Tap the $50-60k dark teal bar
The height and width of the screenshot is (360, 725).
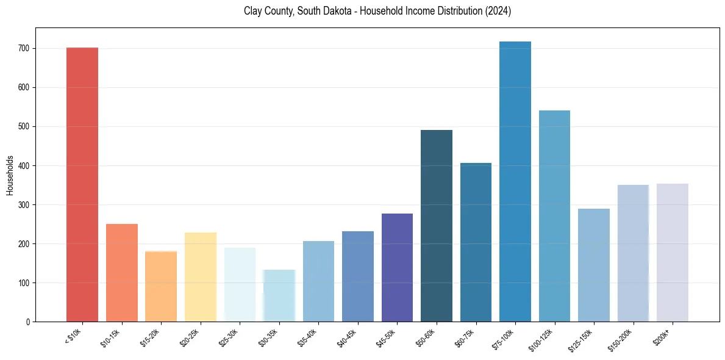pyautogui.click(x=437, y=226)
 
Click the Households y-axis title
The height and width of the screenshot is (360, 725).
pyautogui.click(x=10, y=175)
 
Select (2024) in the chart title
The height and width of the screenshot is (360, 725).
pyautogui.click(x=498, y=12)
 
